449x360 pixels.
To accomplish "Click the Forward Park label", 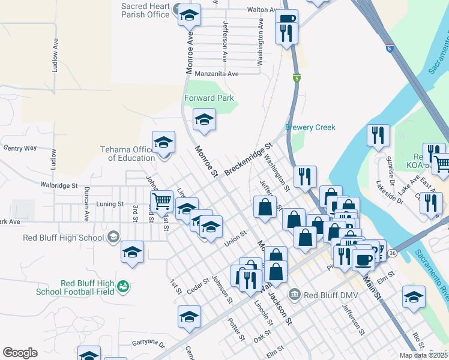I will click(x=208, y=98).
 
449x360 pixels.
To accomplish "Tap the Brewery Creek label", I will click(x=310, y=127).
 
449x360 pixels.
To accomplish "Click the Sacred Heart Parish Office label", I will click(x=145, y=10).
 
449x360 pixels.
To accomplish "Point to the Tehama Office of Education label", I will click(x=127, y=154).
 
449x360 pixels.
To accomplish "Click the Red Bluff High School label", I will click(x=64, y=237).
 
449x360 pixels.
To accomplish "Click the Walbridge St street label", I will click(x=59, y=185).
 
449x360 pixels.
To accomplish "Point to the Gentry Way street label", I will click(x=20, y=148).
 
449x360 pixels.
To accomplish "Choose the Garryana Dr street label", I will click(x=148, y=343).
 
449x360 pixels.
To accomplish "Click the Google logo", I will click(x=20, y=353).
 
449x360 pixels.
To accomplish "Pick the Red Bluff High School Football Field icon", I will click(x=123, y=287).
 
